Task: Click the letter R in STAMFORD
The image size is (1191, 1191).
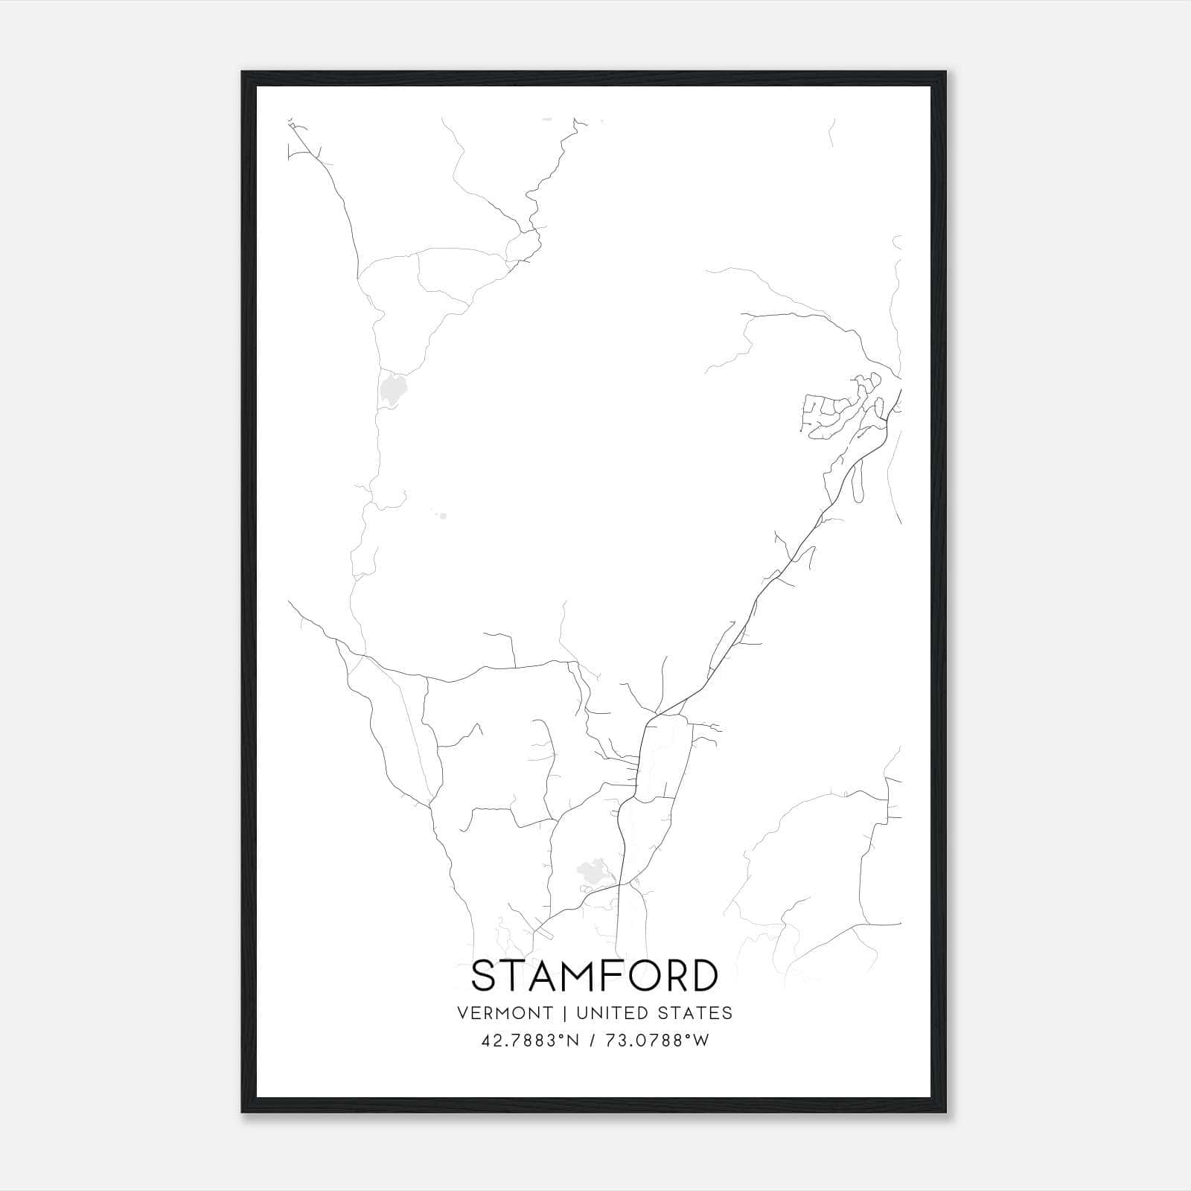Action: click(x=679, y=977)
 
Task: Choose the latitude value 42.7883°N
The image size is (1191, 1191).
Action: click(x=530, y=1041)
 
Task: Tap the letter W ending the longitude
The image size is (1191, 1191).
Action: click(x=702, y=1041)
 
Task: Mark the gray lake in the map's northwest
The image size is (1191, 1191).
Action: click(x=392, y=389)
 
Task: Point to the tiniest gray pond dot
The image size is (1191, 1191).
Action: click(x=442, y=515)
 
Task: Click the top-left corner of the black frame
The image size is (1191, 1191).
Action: click(x=243, y=72)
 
